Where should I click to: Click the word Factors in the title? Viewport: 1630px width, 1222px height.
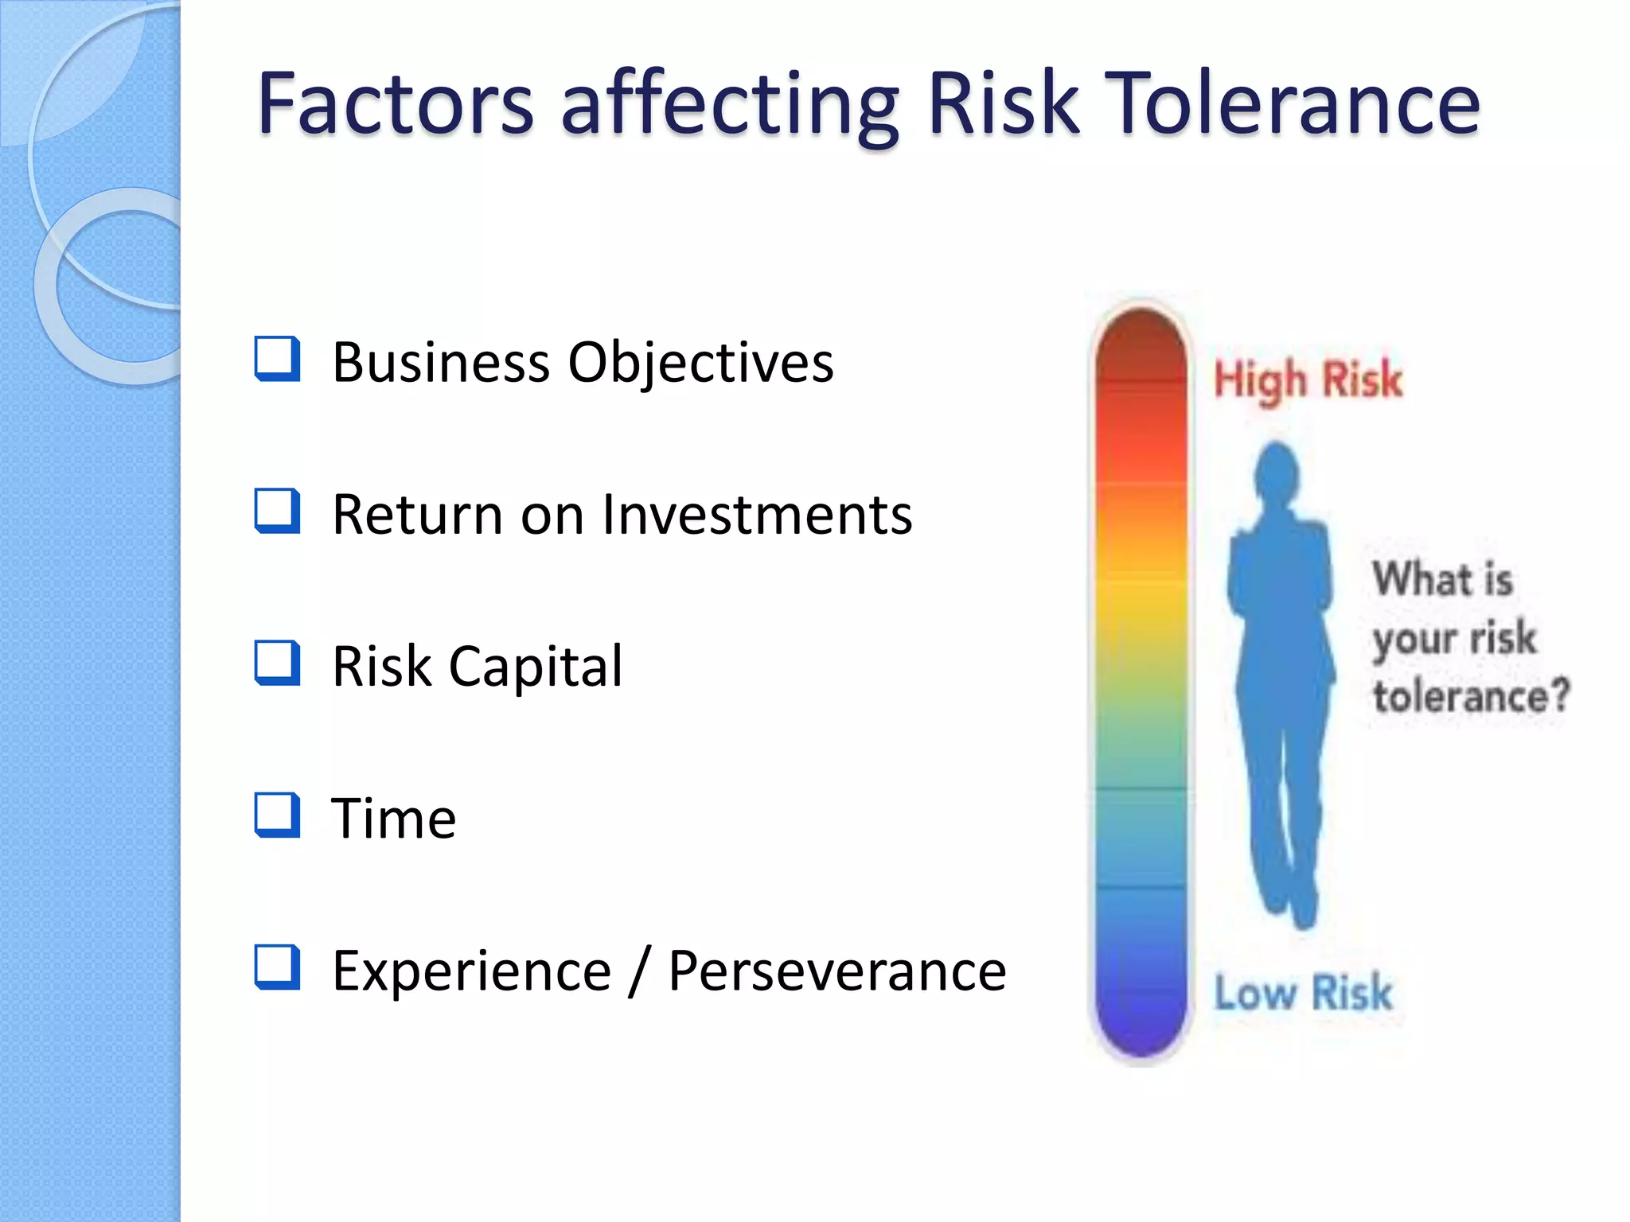(x=396, y=103)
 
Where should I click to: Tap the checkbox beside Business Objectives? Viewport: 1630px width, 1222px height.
(x=277, y=359)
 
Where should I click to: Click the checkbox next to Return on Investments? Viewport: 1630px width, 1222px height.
(x=277, y=511)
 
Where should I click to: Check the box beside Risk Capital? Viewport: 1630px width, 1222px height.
(x=277, y=663)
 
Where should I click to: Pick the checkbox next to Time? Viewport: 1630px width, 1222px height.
(x=277, y=815)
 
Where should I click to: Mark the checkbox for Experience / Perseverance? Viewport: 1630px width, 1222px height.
(x=277, y=967)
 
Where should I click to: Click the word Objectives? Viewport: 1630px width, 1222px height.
(x=700, y=363)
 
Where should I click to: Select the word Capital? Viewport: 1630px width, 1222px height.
(x=536, y=667)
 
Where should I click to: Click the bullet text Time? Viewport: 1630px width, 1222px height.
(x=393, y=819)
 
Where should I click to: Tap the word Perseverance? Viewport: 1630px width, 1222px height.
(x=836, y=971)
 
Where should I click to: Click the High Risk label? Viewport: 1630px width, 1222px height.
(x=1308, y=379)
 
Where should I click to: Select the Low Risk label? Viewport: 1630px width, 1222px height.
(x=1303, y=993)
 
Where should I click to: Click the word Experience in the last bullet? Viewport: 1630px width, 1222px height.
(x=471, y=971)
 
